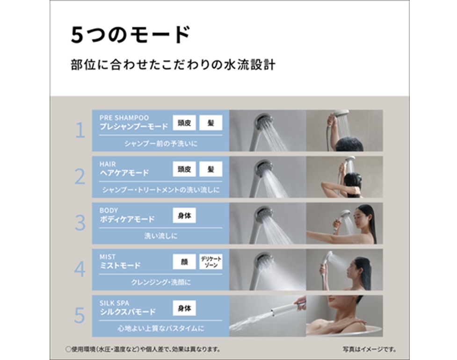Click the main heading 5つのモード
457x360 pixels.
click(131, 35)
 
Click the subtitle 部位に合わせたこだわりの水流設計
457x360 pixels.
click(173, 65)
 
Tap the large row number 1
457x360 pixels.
click(80, 130)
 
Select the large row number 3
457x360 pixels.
click(80, 223)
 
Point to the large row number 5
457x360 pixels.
click(80, 316)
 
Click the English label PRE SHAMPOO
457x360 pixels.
click(124, 118)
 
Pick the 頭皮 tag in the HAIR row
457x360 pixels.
click(184, 169)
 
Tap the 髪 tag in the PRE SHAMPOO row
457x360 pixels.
click(210, 122)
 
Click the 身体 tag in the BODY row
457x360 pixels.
click(184, 216)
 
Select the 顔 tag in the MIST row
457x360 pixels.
click(184, 262)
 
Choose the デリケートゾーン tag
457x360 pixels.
click(210, 262)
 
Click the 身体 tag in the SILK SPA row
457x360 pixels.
click(184, 308)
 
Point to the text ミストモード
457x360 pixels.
click(120, 266)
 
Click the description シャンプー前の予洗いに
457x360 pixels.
click(161, 144)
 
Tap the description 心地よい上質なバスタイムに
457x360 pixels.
click(161, 329)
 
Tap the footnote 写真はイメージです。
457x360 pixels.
click(369, 349)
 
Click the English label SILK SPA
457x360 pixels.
click(114, 303)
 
